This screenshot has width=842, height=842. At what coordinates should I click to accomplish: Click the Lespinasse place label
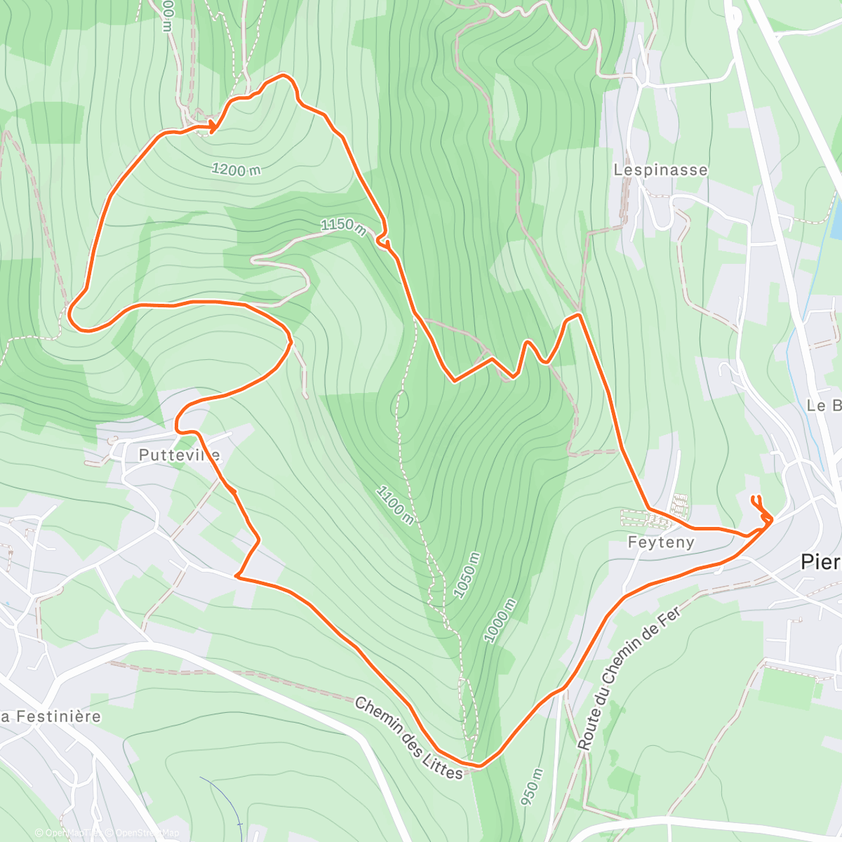[x=660, y=170]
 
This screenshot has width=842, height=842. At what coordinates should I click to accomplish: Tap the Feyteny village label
[x=661, y=542]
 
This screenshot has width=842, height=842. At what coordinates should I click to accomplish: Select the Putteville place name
[x=179, y=455]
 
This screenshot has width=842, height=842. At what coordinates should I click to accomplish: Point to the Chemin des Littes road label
[x=408, y=737]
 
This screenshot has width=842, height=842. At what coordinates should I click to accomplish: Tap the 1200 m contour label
[x=236, y=169]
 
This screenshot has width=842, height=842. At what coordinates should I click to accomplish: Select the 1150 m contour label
[x=343, y=226]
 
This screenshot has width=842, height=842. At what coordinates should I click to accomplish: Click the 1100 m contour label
[x=394, y=504]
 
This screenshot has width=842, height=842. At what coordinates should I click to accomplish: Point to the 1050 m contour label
[x=467, y=575]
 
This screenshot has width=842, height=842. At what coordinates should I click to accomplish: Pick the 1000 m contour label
[x=500, y=620]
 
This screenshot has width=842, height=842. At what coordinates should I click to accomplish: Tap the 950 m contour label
[x=532, y=787]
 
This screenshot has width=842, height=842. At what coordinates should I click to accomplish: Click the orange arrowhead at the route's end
[x=212, y=126]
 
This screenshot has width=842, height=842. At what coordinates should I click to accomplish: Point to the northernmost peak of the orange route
[x=283, y=74]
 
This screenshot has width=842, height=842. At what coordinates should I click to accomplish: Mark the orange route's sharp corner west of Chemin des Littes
[x=238, y=577]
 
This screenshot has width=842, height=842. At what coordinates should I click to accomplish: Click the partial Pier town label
[x=820, y=562]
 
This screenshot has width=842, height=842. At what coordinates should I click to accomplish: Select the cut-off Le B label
[x=824, y=406]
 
